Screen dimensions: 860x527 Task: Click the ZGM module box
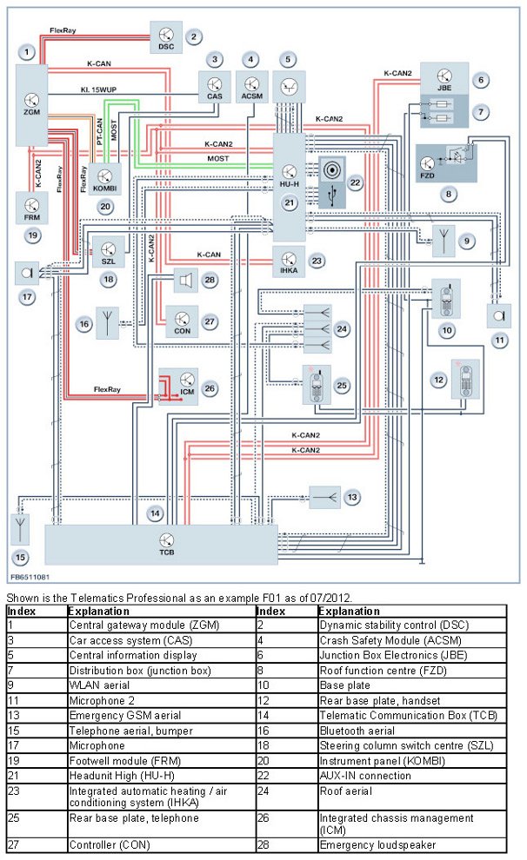tap(32, 105)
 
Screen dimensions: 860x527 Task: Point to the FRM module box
tap(32, 208)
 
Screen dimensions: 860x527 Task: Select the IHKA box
tap(288, 261)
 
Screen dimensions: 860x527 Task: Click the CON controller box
tap(182, 321)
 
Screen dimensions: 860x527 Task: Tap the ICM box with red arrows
tap(177, 387)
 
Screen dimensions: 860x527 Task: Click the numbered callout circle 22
tap(355, 182)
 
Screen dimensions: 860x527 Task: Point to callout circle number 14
tap(155, 513)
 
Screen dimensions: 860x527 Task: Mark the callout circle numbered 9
tap(467, 241)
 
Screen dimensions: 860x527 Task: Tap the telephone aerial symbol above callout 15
tap(21, 527)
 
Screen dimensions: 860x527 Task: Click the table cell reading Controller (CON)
tap(159, 844)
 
